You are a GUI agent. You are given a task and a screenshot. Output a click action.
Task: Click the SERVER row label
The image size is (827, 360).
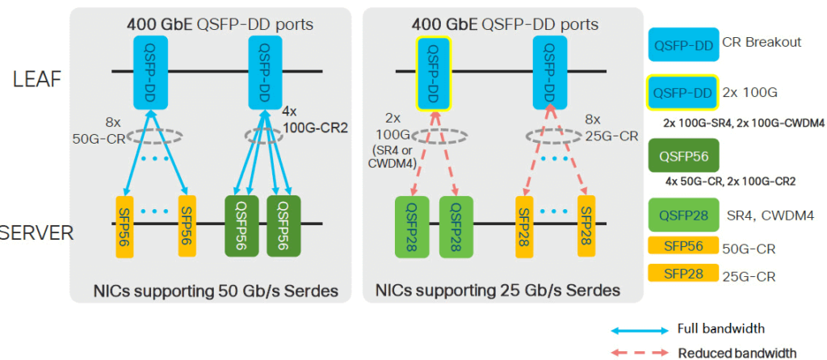pos(37,233)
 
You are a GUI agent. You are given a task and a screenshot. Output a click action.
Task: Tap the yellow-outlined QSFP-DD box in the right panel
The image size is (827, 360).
pos(433,71)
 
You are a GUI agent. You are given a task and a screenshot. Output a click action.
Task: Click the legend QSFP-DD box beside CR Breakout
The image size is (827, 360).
pos(683,44)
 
